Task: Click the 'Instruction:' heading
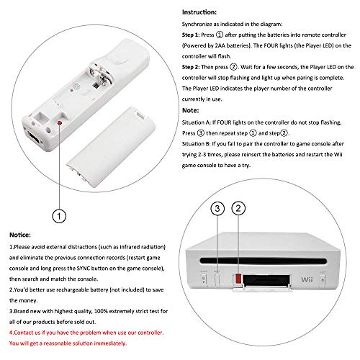tap(199, 12)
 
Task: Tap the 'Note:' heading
tap(191, 110)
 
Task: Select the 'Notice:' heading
tap(20, 235)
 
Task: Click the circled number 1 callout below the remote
tap(59, 216)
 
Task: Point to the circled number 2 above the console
tap(238, 208)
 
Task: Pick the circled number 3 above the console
tap(217, 208)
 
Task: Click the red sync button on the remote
tap(60, 123)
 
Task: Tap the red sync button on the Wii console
tap(238, 279)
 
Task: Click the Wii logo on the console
tap(307, 279)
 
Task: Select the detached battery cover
tap(111, 147)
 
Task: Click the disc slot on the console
tap(264, 261)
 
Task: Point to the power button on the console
tap(204, 279)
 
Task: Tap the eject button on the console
tap(323, 280)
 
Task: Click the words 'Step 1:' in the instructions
tap(191, 35)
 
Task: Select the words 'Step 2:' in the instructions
tap(191, 67)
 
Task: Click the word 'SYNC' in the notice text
tap(83, 269)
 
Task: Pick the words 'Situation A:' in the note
tap(197, 122)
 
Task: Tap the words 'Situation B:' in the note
tap(197, 144)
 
